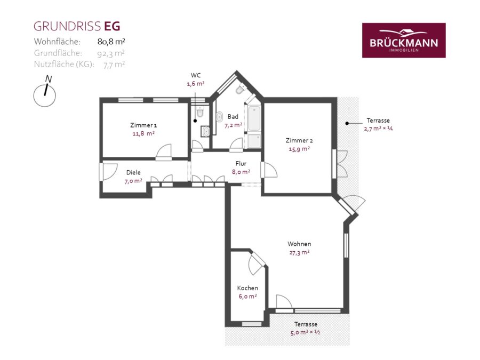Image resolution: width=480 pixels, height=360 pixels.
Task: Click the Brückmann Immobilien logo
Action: (x=404, y=40)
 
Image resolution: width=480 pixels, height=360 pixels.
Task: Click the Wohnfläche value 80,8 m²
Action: (x=111, y=41)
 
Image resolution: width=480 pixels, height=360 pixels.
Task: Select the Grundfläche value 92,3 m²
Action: (x=111, y=53)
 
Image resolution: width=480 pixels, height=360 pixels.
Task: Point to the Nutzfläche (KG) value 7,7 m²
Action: (x=114, y=65)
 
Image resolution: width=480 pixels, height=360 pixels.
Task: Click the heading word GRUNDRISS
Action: (x=67, y=26)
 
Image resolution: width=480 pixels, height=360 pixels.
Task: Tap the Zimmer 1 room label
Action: (x=143, y=125)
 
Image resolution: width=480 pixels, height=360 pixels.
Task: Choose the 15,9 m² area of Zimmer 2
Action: (x=299, y=149)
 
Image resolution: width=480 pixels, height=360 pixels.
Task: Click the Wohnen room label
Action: (x=299, y=244)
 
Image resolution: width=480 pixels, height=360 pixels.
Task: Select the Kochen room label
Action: (x=247, y=288)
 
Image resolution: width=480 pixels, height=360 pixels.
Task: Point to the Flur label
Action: (x=241, y=164)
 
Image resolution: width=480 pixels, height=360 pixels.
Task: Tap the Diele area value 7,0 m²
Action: (x=133, y=181)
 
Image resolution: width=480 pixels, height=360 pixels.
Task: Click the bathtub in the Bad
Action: (x=254, y=118)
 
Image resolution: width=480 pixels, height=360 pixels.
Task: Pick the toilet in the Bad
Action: (x=241, y=90)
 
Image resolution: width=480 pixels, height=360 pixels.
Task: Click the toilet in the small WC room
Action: (x=200, y=112)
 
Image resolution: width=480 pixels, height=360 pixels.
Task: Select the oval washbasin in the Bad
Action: (x=219, y=117)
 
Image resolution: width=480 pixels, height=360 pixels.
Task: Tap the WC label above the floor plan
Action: (x=196, y=75)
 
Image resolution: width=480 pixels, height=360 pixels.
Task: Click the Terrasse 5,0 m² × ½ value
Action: (x=305, y=332)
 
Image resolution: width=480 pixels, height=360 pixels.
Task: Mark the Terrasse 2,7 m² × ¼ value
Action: (x=378, y=129)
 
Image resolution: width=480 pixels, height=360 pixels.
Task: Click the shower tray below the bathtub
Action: (x=254, y=141)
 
